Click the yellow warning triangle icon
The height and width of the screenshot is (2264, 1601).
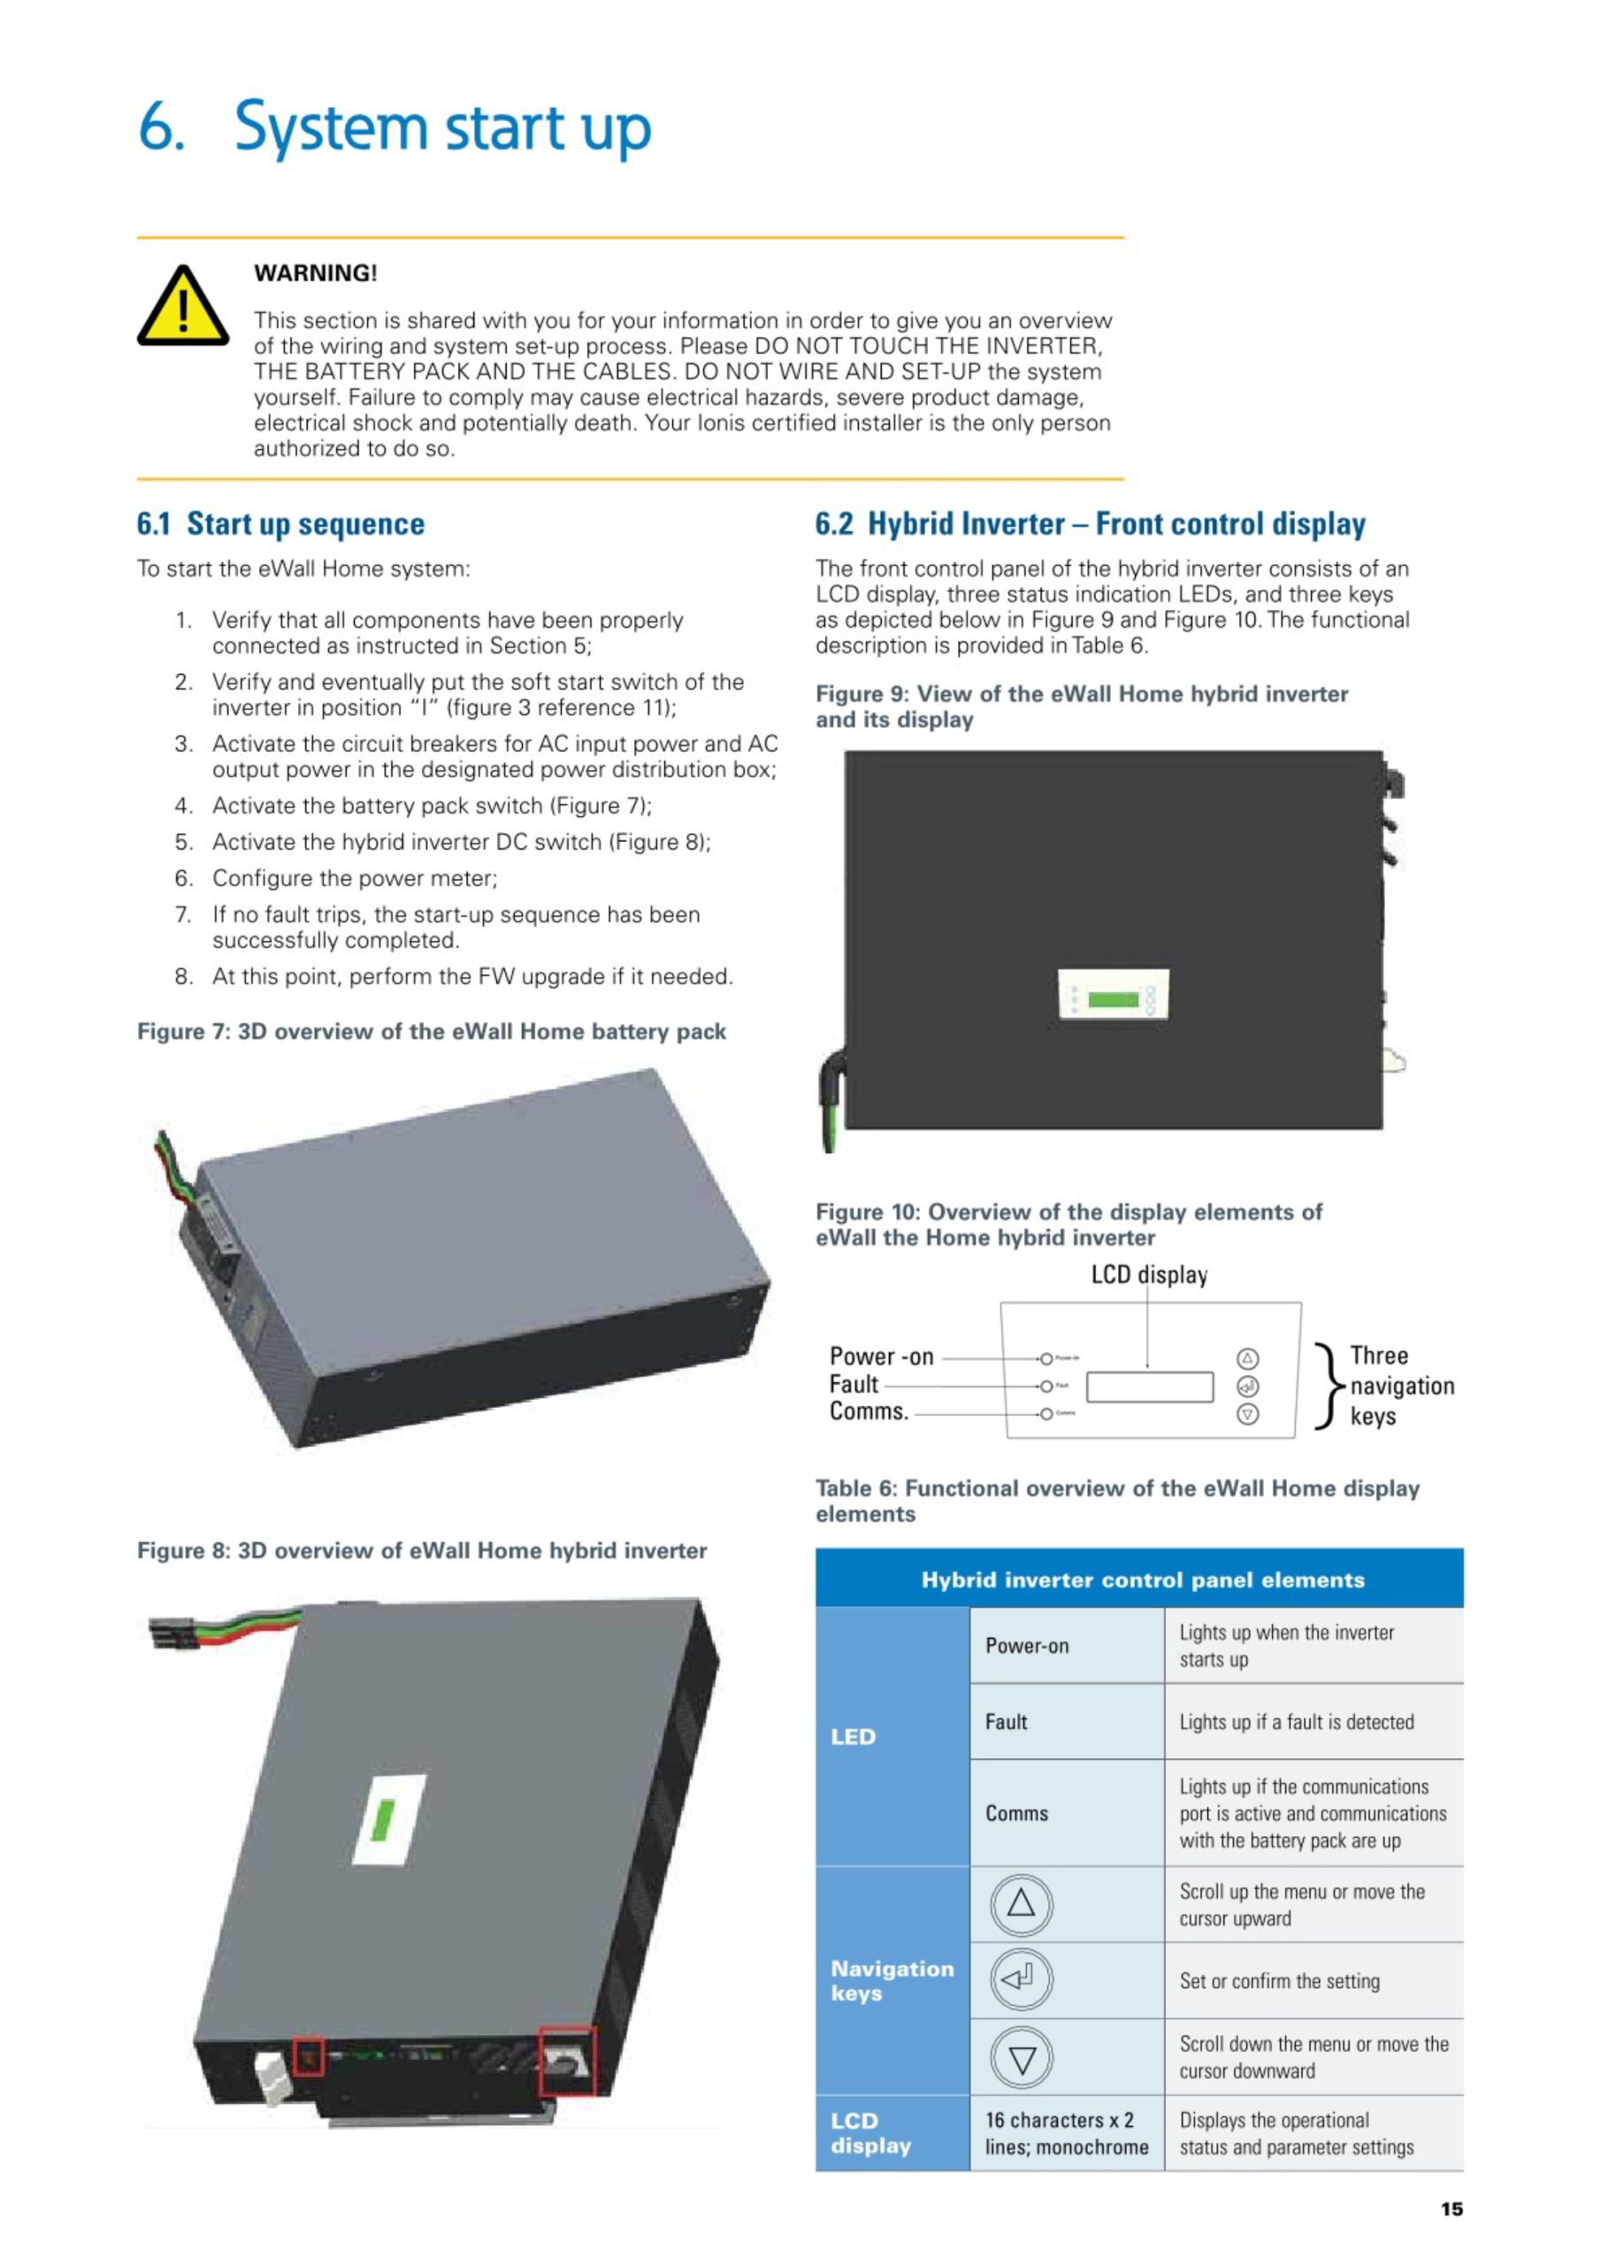pyautogui.click(x=182, y=307)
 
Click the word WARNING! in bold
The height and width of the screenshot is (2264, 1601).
pyautogui.click(x=316, y=273)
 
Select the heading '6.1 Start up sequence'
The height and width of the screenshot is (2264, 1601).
pyautogui.click(x=280, y=524)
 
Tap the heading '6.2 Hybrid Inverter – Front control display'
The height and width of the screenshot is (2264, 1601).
pyautogui.click(x=1090, y=524)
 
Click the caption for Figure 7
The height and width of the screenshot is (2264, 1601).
pyautogui.click(x=431, y=1031)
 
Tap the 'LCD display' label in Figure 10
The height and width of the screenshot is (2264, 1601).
pyautogui.click(x=1148, y=1275)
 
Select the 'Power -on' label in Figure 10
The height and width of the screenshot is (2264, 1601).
pyautogui.click(x=881, y=1356)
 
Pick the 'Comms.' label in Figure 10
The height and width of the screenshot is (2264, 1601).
pyautogui.click(x=868, y=1411)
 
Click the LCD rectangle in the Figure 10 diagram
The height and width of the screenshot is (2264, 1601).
pyautogui.click(x=1149, y=1387)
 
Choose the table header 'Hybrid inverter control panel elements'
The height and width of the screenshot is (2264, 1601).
pyautogui.click(x=1142, y=1579)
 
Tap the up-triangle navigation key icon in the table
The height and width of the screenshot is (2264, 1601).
pyautogui.click(x=1021, y=1903)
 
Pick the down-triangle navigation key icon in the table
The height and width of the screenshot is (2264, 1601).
pyautogui.click(x=1021, y=2058)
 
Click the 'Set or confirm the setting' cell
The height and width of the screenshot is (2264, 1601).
pyautogui.click(x=1279, y=1981)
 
